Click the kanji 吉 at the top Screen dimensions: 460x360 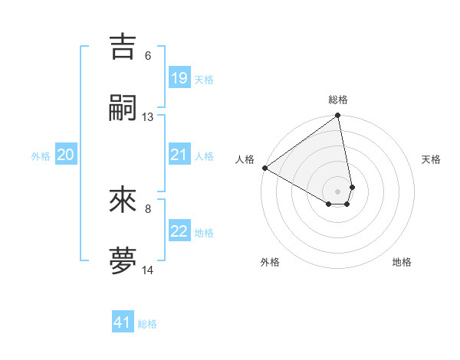tap(123, 47)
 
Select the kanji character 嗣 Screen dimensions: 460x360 tap(123, 110)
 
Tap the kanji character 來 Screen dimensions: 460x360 tap(123, 200)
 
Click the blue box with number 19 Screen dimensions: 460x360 tap(179, 78)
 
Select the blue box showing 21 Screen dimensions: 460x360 tap(179, 155)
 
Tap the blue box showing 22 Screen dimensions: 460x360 tap(179, 232)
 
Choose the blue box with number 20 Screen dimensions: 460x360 tap(66, 155)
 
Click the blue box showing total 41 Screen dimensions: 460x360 tap(123, 322)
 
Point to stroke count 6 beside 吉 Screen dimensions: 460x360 tap(148, 55)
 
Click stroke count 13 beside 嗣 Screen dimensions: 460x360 tap(148, 117)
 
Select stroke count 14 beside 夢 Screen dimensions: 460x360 tap(148, 270)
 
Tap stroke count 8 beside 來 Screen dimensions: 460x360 tap(148, 208)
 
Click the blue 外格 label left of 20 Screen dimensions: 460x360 tap(41, 156)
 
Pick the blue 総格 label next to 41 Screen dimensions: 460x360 tap(147, 324)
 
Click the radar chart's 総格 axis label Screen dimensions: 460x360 tap(338, 100)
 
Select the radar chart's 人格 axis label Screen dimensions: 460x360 tap(245, 159)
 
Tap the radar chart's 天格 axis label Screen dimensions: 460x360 tap(431, 159)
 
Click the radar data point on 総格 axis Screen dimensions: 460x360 tap(338, 116)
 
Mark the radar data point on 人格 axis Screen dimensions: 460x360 tap(264, 168)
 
